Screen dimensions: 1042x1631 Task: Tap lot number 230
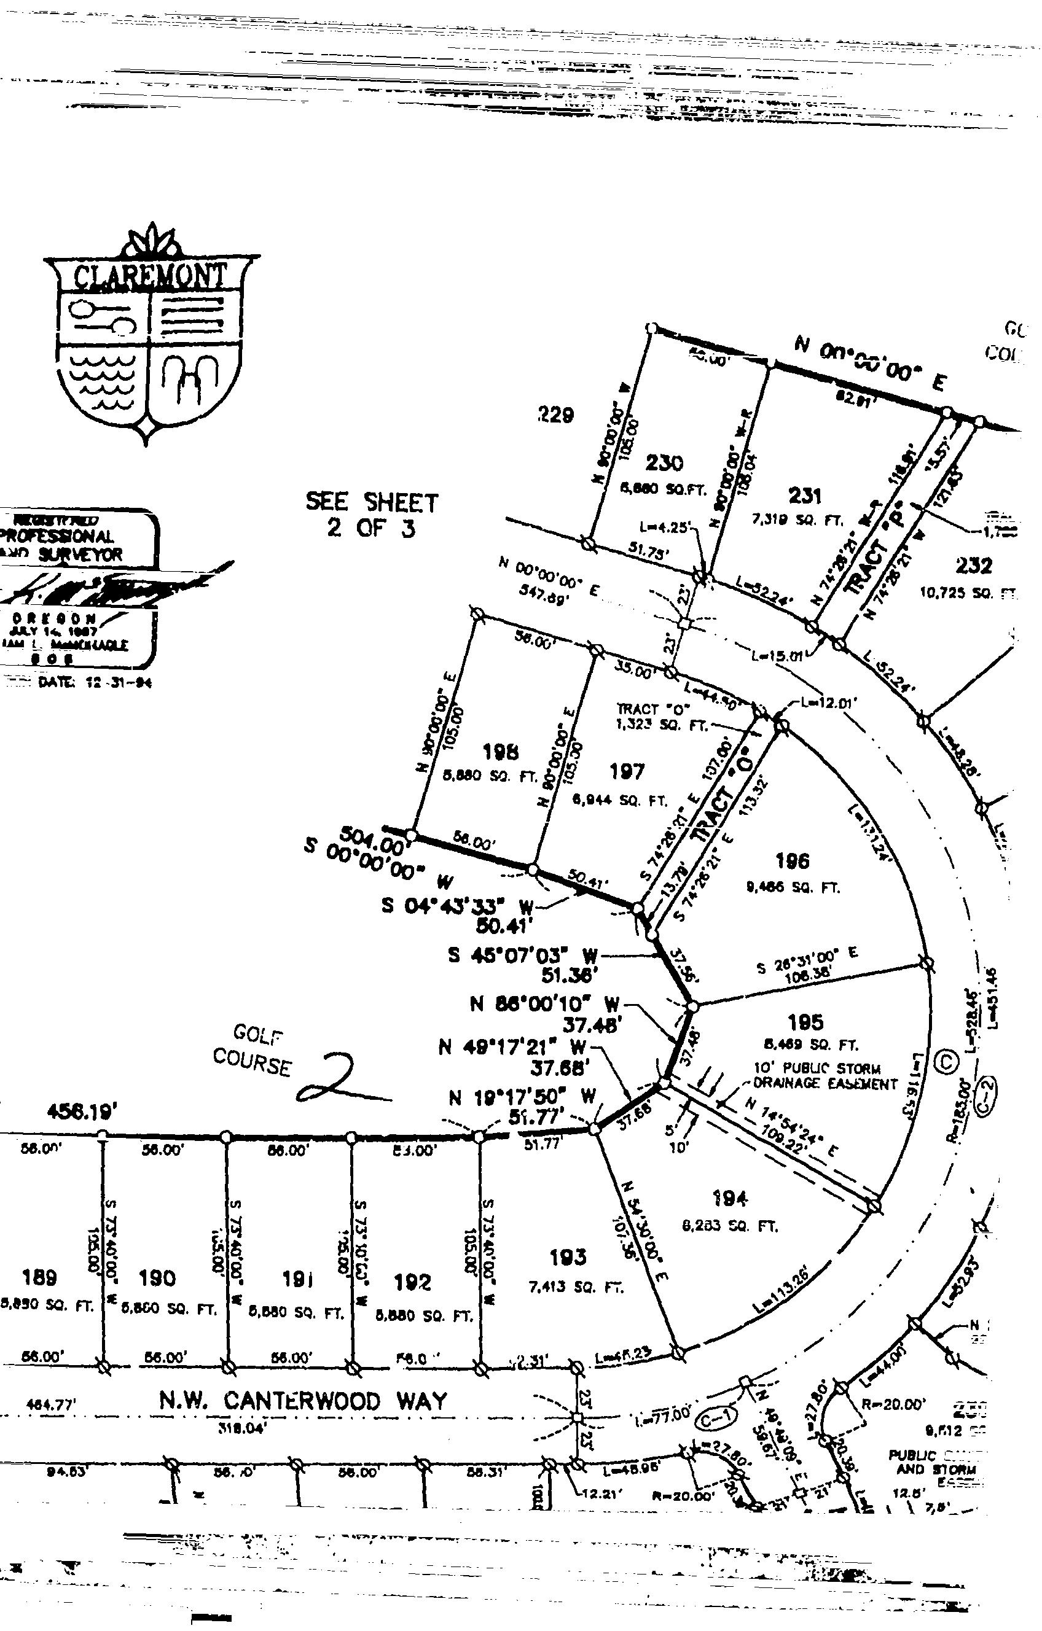(x=664, y=463)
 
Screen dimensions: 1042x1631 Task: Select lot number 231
(x=805, y=496)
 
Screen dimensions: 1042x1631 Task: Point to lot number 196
(x=792, y=861)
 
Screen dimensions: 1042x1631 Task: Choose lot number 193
(x=567, y=1258)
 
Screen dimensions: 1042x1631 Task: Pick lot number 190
(x=157, y=1279)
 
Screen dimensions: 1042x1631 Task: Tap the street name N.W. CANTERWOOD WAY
(x=303, y=1400)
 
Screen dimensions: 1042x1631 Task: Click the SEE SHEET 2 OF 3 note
(x=372, y=514)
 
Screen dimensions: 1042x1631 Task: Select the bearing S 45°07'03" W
(x=523, y=956)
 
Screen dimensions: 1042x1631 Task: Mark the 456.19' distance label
(x=78, y=1112)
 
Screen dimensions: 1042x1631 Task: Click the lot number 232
(x=974, y=566)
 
